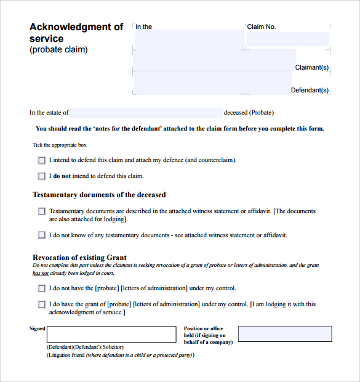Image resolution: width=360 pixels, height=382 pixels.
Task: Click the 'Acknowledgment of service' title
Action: [76, 33]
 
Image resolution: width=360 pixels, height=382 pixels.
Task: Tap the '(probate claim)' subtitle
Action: [58, 50]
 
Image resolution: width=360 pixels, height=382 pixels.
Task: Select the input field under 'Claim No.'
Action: [288, 39]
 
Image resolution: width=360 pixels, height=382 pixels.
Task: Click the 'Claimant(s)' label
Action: [312, 68]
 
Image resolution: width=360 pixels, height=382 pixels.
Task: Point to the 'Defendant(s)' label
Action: [310, 91]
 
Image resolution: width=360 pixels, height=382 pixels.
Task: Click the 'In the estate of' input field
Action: [146, 113]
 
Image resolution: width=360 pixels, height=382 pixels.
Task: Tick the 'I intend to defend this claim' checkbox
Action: [42, 160]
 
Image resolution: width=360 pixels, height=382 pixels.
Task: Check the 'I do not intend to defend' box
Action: [42, 176]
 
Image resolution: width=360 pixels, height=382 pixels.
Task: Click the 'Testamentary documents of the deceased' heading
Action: [99, 195]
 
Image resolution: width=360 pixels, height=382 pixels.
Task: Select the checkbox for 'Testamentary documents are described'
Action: [42, 211]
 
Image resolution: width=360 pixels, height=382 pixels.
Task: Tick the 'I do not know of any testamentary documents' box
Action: [42, 235]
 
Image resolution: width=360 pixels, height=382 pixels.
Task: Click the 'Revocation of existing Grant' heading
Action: [79, 258]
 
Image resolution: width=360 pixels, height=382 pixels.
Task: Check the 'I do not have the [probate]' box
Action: [42, 288]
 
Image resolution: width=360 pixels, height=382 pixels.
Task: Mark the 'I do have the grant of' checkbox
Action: [42, 304]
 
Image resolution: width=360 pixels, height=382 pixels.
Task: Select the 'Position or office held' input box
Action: [284, 334]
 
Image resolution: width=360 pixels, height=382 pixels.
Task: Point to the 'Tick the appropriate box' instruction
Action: [60, 145]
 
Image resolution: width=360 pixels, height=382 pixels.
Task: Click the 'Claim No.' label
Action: [262, 27]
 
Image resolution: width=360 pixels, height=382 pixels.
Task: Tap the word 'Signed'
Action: [38, 329]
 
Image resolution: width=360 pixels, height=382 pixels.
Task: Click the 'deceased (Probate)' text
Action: [249, 113]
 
